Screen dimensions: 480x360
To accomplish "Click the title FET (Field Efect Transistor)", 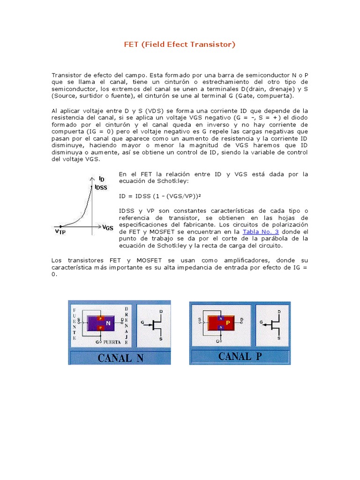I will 180,45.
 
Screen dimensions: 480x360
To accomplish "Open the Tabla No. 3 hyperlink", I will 260,232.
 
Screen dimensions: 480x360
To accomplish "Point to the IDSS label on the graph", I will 101,187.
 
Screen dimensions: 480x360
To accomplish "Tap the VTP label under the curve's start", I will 60,231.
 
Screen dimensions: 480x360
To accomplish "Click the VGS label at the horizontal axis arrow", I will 108,228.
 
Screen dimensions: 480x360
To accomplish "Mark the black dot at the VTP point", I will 60,225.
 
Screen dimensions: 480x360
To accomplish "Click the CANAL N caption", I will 120,358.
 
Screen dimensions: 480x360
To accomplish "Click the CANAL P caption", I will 240,356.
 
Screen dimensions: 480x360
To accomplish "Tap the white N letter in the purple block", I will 108,323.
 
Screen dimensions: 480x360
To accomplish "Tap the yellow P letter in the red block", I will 228,322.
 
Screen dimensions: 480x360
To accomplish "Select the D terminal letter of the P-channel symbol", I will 279,311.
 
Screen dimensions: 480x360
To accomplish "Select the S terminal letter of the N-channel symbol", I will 161,338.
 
